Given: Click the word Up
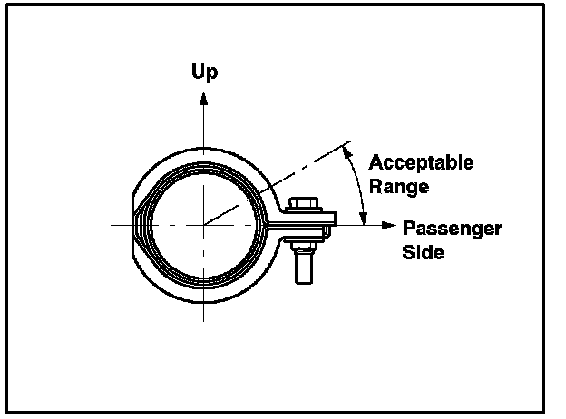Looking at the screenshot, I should click(x=205, y=71).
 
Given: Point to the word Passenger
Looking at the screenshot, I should click(x=452, y=229).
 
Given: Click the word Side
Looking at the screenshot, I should click(x=424, y=252).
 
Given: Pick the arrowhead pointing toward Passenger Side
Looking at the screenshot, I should click(x=389, y=225).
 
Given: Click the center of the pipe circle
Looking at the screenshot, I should click(x=205, y=225).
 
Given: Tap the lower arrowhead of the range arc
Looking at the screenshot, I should click(x=364, y=219).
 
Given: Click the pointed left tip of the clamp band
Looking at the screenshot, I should click(x=132, y=225).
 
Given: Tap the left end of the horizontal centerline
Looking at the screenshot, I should click(x=112, y=225).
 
